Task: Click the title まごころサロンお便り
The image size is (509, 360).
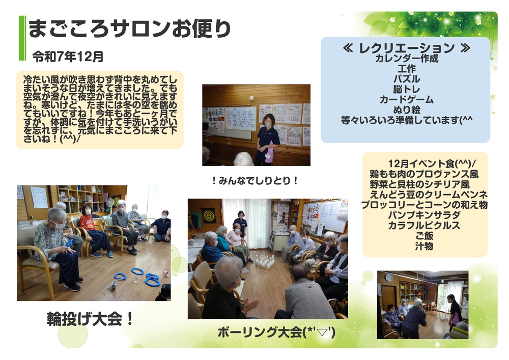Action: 129,29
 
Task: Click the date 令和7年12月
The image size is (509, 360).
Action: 68,57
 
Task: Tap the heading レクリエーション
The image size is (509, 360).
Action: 406,48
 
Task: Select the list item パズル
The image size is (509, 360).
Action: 406,79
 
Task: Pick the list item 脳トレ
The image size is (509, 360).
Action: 406,89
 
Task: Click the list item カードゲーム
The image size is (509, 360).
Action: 406,100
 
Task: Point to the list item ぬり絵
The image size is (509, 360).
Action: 406,110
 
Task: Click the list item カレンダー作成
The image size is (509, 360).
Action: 406,59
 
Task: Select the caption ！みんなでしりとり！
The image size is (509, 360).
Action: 255,181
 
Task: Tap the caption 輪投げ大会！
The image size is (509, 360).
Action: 90,319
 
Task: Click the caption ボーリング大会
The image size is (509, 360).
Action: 260,333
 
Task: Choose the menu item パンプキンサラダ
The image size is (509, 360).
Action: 424,215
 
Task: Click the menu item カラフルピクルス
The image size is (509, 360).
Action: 424,225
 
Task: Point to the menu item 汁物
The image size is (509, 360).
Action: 424,246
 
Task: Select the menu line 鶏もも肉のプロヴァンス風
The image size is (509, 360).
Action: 424,174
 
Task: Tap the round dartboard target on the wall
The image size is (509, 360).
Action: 209,216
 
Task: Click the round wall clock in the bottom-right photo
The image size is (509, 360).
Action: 388,278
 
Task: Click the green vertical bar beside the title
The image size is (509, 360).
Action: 22,38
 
